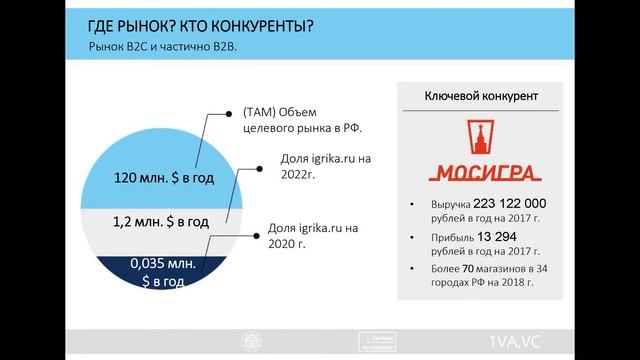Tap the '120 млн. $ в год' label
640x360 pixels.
tap(151, 178)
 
